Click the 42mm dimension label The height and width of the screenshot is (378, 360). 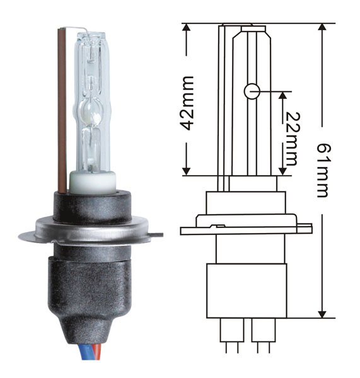coord(187,103)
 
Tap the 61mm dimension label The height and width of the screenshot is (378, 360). coord(323,171)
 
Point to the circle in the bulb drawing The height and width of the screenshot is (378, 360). coord(252,91)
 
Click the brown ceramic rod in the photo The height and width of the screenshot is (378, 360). coord(62,111)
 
